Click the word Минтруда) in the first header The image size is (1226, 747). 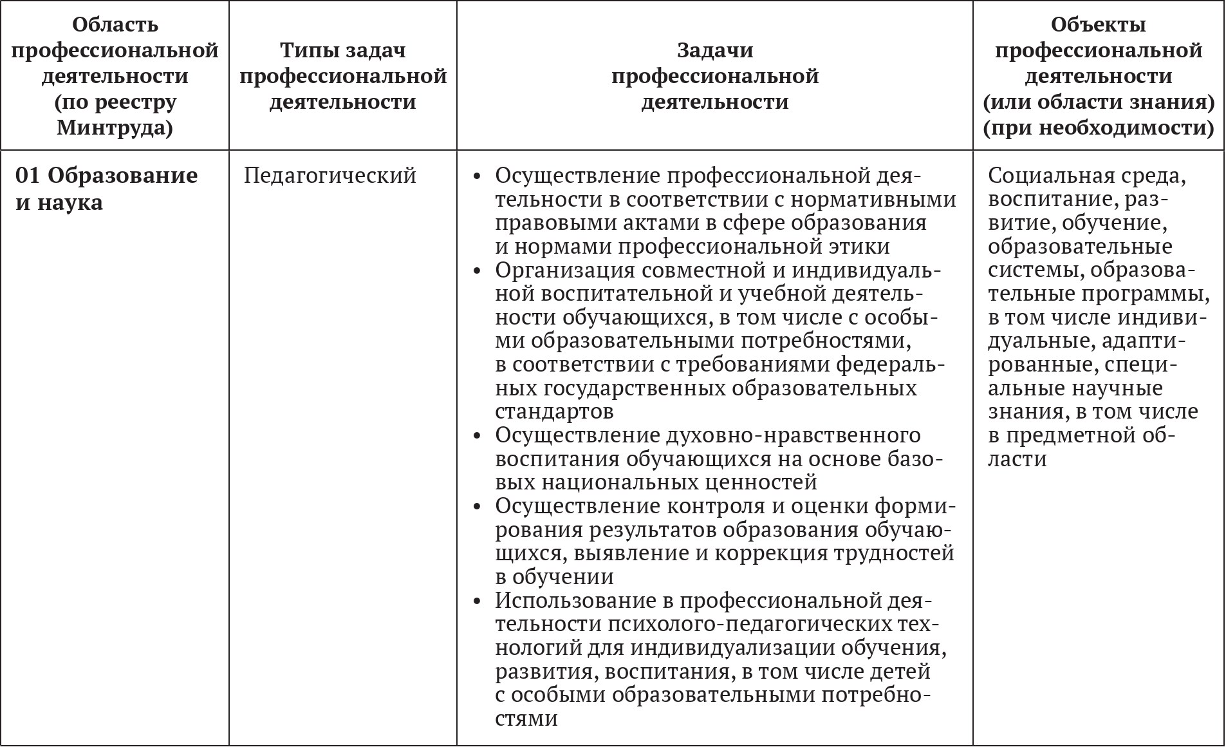115,128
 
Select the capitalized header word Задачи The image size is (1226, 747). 715,50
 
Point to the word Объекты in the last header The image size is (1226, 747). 1098,25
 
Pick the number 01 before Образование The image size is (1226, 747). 28,176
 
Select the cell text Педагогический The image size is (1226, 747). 330,176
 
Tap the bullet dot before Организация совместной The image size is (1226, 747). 477,271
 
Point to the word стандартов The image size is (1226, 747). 554,411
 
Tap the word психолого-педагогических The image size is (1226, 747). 745,624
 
